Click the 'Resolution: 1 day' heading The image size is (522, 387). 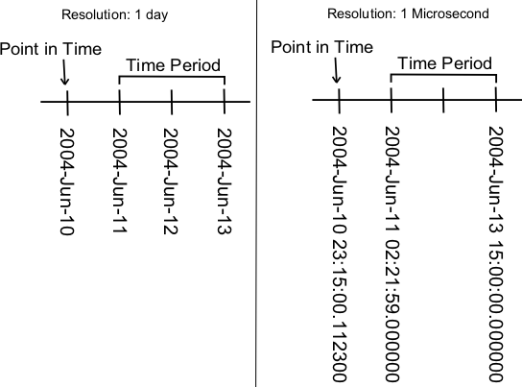coord(115,15)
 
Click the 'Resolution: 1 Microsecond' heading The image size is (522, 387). coord(408,13)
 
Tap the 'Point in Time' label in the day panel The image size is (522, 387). coord(51,49)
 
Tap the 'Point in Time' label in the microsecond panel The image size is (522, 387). coord(321,47)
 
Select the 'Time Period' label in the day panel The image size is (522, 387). coord(173,65)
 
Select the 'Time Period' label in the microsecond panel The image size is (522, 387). coord(445,63)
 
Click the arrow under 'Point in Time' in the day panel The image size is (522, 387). coord(64,72)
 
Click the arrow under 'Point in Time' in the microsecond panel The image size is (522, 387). coord(336,70)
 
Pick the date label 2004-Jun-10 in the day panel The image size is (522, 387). coord(66,181)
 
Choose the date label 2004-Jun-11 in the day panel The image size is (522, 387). coord(120,181)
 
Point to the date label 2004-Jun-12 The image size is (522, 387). coord(171,181)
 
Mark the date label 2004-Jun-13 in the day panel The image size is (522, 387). coord(225,181)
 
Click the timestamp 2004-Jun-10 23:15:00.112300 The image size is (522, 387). coord(340,254)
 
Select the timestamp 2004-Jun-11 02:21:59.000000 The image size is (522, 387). coord(392,254)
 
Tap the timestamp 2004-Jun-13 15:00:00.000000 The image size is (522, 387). coord(496,254)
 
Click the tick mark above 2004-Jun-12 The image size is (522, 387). coord(172,102)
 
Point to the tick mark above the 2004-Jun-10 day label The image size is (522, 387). coord(67,103)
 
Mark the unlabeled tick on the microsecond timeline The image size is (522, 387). coord(443,100)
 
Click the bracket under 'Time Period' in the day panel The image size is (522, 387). coord(172,77)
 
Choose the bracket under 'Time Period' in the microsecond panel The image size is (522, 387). coord(443,75)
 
